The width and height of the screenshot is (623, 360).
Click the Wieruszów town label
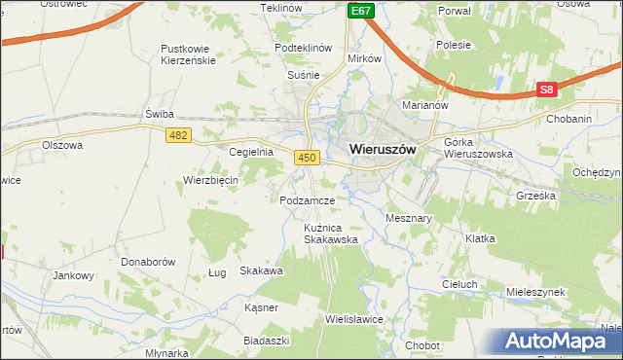click(383, 151)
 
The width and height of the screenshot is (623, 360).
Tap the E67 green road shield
click(360, 10)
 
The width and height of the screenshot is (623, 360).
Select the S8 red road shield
click(547, 90)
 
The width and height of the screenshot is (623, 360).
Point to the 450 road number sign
click(308, 157)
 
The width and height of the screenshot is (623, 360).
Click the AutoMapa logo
click(562, 341)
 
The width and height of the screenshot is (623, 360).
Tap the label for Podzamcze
click(307, 200)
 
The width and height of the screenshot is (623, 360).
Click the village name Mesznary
click(409, 219)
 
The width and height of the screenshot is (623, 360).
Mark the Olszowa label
click(62, 145)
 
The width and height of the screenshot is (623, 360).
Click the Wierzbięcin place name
click(211, 180)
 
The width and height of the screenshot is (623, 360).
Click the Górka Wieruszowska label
click(478, 148)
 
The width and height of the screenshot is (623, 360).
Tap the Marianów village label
click(423, 104)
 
